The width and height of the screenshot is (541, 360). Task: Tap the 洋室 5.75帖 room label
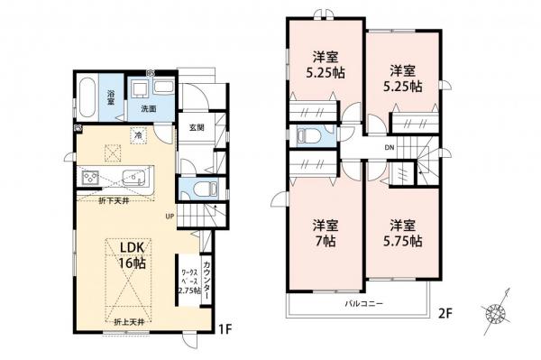[402, 233]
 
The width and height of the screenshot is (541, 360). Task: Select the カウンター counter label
[208, 274]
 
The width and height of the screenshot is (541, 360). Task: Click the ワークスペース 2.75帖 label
[188, 281]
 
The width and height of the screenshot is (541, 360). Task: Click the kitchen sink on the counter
[131, 175]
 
